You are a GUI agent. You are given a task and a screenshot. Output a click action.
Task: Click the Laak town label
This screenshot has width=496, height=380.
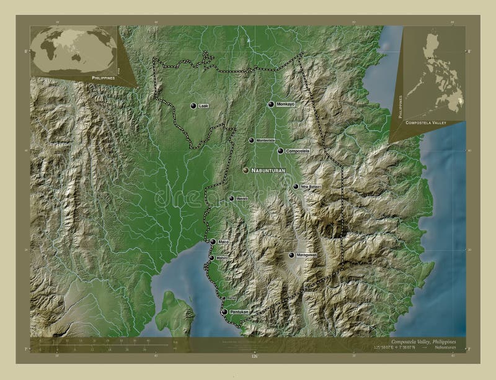pyautogui.click(x=203, y=106)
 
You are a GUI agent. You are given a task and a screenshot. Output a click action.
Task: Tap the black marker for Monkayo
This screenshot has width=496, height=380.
pyautogui.click(x=271, y=104)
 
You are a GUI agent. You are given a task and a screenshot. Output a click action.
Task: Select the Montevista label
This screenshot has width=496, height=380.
pyautogui.click(x=265, y=140)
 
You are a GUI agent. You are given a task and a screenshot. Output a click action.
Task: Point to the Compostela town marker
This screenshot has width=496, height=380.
pyautogui.click(x=280, y=151)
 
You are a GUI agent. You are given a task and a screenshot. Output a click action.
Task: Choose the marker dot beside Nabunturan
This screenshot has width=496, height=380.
pyautogui.click(x=246, y=170)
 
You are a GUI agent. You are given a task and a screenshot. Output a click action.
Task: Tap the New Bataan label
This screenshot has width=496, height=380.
pyautogui.click(x=310, y=186)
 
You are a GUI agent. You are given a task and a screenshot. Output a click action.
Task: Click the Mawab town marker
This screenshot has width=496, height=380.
pyautogui.click(x=231, y=199)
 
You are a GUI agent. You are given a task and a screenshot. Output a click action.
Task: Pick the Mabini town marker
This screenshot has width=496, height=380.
pyautogui.click(x=211, y=258)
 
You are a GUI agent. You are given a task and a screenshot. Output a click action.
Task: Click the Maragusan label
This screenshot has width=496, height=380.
pyautogui.click(x=306, y=255)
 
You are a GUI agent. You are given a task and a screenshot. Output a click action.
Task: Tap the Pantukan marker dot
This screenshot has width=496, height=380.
pyautogui.click(x=224, y=312)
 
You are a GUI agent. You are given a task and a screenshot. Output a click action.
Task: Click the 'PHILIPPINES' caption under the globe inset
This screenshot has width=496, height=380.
pyautogui.click(x=103, y=77)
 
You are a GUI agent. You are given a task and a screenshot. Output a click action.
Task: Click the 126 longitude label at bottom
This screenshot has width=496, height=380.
pyautogui.click(x=253, y=356)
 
